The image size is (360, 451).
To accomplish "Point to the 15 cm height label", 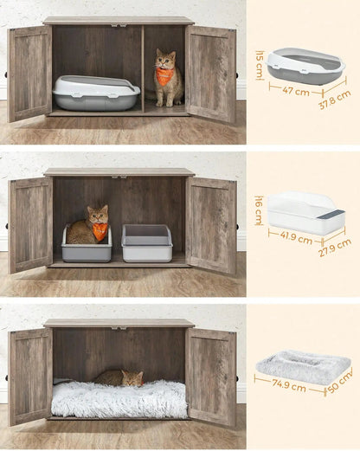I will [x=259, y=63].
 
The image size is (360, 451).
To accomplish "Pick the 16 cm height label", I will [x=259, y=212].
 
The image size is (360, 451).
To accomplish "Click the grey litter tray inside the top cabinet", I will [x=95, y=93].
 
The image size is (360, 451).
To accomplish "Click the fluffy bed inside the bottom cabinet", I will [x=119, y=399].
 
